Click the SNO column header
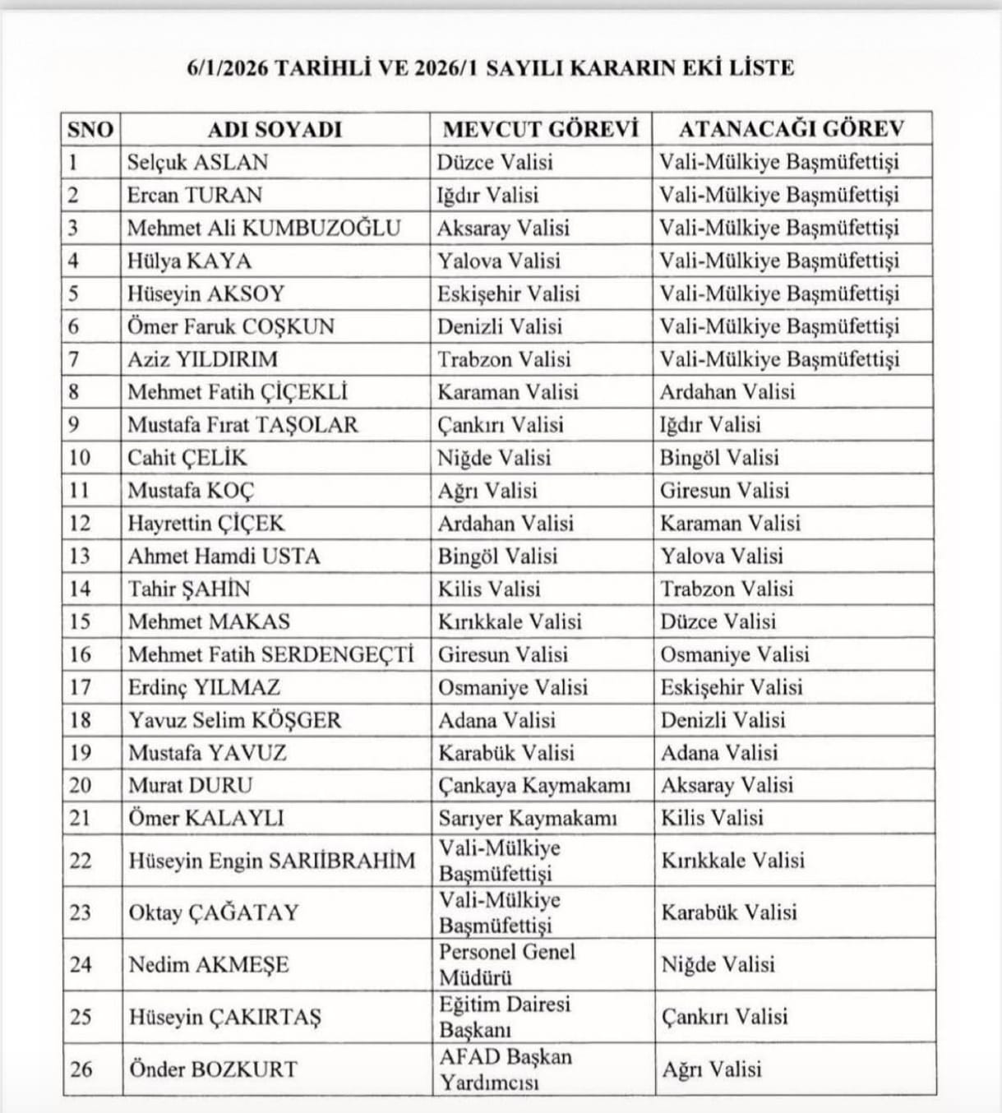click(90, 129)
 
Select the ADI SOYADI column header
click(274, 129)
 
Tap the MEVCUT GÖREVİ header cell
click(540, 129)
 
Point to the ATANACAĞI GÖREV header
click(791, 129)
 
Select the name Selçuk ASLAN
click(197, 162)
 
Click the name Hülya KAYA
click(189, 261)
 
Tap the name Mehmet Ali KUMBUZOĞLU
click(264, 228)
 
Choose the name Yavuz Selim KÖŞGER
click(234, 720)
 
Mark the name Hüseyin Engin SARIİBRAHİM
click(272, 861)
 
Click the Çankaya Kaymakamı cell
click(534, 785)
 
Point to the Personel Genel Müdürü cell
click(506, 964)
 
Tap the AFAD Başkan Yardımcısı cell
click(505, 1069)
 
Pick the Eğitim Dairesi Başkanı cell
click(504, 1017)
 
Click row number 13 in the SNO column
click(80, 556)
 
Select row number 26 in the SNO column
click(81, 1069)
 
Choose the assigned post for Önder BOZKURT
click(711, 1069)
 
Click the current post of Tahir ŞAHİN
click(489, 589)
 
